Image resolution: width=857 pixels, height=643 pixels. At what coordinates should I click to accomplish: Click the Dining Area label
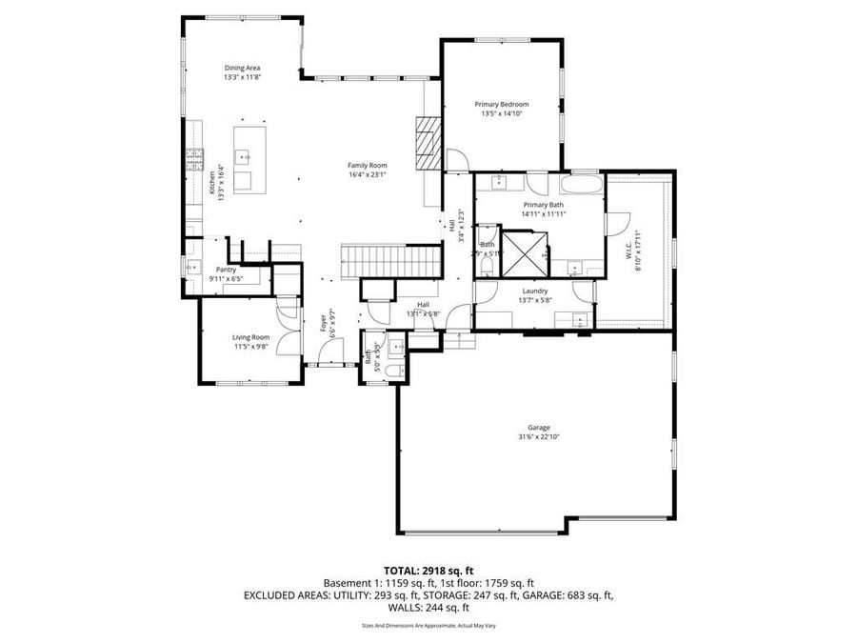point(242,68)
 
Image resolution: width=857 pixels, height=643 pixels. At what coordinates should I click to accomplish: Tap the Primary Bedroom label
point(501,104)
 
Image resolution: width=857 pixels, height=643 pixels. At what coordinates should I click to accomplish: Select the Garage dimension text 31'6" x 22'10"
point(539,437)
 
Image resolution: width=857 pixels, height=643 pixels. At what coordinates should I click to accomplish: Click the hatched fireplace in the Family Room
point(428,143)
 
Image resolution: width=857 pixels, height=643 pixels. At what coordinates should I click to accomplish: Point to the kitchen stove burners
point(195,156)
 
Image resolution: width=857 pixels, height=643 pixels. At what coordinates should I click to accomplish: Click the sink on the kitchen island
point(244,154)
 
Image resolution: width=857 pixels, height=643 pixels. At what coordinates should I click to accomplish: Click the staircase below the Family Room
point(391,258)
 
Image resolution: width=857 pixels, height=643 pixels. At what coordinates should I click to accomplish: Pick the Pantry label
point(226,270)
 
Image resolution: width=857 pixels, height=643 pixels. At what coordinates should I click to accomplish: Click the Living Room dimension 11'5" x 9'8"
point(251,347)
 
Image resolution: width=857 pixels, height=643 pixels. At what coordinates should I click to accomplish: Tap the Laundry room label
point(533,291)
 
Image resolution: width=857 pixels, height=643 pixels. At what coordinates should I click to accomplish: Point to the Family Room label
point(367,165)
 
